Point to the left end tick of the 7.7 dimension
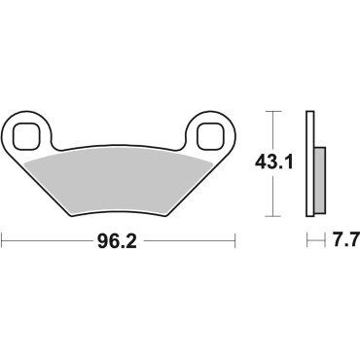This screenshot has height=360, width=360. tap(307, 236)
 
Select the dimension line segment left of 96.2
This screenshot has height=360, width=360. tap(49, 236)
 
